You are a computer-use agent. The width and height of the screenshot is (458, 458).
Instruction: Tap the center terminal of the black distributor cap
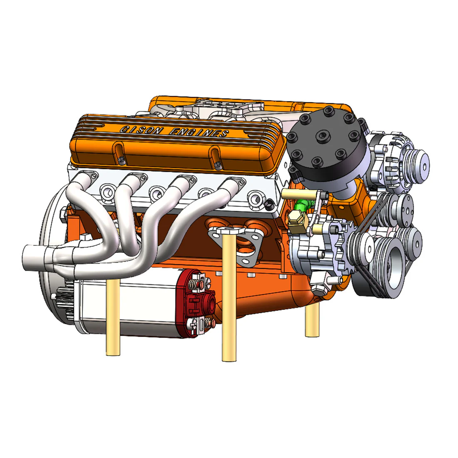coord(324,135)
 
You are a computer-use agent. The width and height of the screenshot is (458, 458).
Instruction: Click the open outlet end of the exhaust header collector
coord(26,255)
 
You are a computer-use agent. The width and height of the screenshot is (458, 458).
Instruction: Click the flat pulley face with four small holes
coord(402,207)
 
